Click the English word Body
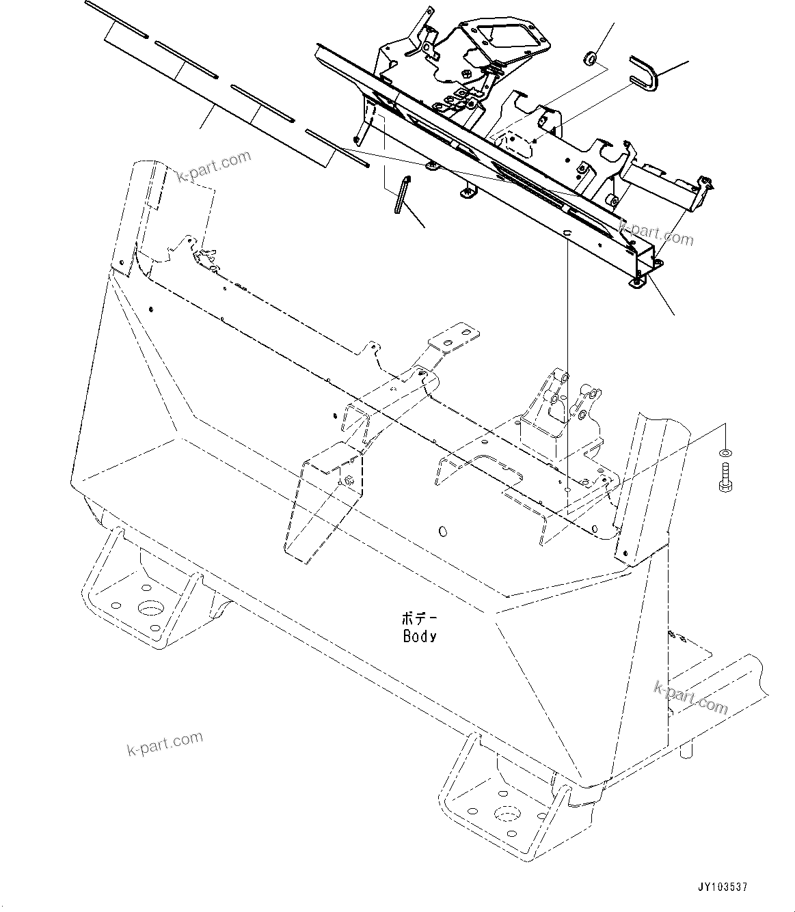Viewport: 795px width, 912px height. pyautogui.click(x=419, y=636)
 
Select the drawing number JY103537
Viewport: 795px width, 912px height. pyautogui.click(x=723, y=887)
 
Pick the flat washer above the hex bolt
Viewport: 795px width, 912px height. pyautogui.click(x=724, y=453)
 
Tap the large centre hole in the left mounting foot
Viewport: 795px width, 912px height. pyautogui.click(x=150, y=608)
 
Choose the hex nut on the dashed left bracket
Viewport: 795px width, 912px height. pyautogui.click(x=347, y=481)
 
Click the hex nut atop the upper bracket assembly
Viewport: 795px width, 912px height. pyautogui.click(x=464, y=73)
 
